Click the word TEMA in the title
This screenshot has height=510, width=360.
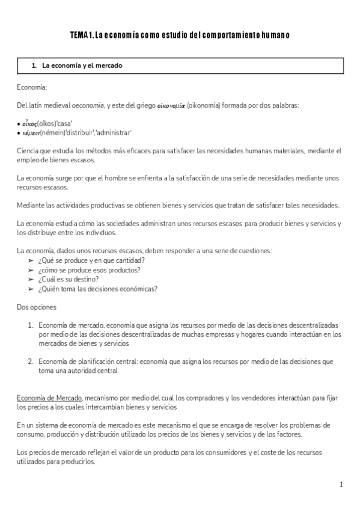tap(79, 35)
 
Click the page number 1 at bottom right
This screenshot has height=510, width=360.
tap(341, 484)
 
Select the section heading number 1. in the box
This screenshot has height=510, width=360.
tap(34, 65)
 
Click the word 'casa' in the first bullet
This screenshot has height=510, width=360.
tap(63, 123)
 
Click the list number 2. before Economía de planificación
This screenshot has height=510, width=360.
tap(31, 361)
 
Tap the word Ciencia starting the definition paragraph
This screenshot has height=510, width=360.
tap(29, 150)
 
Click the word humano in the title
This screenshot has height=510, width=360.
tap(276, 35)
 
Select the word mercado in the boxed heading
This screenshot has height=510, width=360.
tap(109, 65)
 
